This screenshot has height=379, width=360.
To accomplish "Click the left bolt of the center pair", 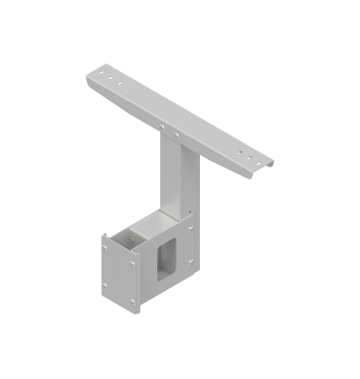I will [x=163, y=122].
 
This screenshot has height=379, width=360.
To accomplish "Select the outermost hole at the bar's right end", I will [x=256, y=158].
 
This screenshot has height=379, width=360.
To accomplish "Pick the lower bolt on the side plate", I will [x=190, y=263].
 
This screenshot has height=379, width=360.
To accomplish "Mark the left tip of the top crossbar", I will [x=87, y=72].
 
